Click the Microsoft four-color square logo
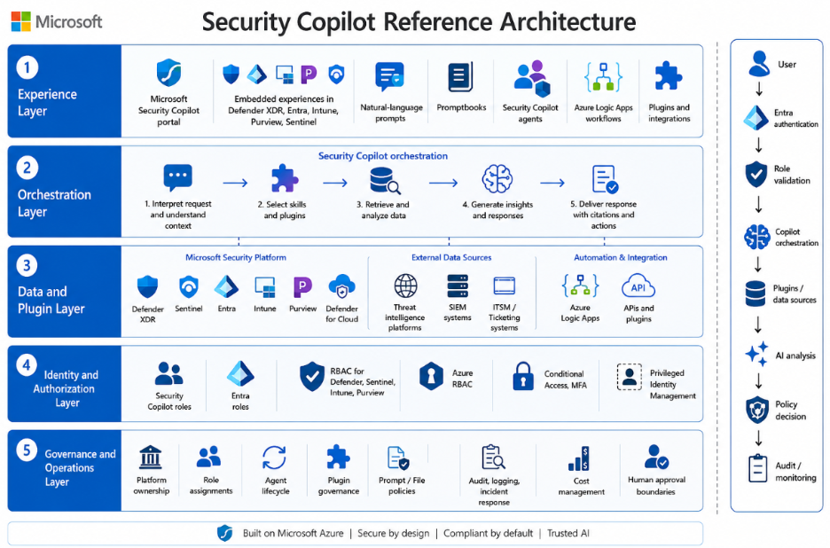(20, 21)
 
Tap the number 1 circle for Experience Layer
(27, 67)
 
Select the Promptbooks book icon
(460, 77)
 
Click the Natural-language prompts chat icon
(390, 77)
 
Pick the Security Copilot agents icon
(532, 78)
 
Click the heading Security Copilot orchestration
(383, 156)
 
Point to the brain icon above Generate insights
(497, 178)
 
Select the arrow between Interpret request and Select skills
(235, 184)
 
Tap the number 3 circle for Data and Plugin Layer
(27, 265)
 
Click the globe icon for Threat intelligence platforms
(405, 286)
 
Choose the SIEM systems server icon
(458, 286)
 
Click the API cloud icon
(638, 286)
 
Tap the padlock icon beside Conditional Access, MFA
(523, 377)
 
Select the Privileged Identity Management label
(673, 384)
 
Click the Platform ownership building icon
(151, 458)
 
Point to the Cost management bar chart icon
(580, 458)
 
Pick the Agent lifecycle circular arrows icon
(274, 458)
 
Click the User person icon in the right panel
(758, 64)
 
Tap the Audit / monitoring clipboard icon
(757, 468)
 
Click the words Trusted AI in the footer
(568, 533)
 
